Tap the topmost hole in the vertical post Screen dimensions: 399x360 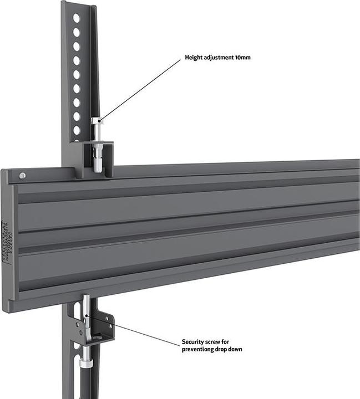coord(76,18)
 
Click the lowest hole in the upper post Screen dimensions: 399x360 coord(77,130)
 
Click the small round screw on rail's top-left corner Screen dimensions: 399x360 coord(22,176)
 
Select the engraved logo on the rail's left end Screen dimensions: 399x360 coord(6,241)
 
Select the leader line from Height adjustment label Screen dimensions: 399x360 coord(141,89)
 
